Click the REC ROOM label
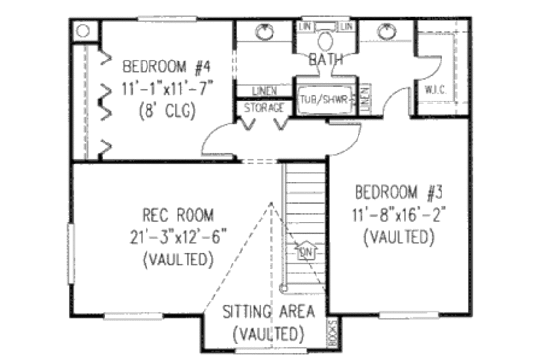[x=178, y=215]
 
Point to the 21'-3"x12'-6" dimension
[x=178, y=237]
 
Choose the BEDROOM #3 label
[x=400, y=190]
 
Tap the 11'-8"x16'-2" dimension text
[x=400, y=214]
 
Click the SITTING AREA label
[x=268, y=312]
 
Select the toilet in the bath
[x=324, y=41]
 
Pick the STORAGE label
[x=263, y=106]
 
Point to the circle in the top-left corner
[x=83, y=30]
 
